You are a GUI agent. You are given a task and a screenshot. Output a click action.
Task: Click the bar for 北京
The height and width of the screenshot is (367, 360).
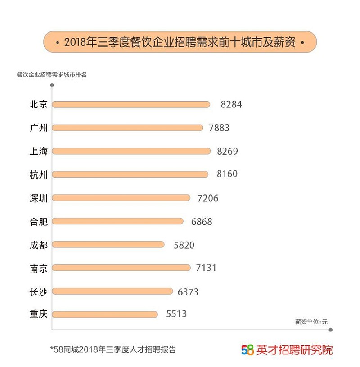tap(131, 104)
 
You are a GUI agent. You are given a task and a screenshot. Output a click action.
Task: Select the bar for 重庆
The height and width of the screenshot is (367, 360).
tap(105, 314)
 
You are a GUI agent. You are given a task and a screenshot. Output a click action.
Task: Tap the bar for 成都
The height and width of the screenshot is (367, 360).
tap(108, 244)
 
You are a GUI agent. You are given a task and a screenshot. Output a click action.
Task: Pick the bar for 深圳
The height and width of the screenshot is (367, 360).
tap(121, 198)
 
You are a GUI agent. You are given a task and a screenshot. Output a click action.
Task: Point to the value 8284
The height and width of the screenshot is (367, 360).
tap(231, 104)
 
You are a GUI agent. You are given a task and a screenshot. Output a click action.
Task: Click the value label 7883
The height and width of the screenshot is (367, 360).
tap(219, 128)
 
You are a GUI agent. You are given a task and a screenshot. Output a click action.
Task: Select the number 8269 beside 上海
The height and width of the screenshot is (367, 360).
tap(227, 151)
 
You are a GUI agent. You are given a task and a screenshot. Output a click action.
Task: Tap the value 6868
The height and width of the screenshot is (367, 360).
tap(202, 221)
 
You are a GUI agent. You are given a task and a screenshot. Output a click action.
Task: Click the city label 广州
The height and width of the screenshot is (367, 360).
tap(38, 128)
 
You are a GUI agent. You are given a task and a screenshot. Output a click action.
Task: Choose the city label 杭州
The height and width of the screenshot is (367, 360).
tap(38, 175)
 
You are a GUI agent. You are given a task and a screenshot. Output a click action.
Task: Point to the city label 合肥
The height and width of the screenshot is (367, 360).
tap(38, 221)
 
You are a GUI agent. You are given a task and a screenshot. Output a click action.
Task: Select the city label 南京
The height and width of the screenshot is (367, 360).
tap(38, 268)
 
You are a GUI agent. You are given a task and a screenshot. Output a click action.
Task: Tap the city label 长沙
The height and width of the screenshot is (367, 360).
tap(38, 291)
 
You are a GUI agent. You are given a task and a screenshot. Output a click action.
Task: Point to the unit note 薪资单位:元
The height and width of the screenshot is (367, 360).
tap(311, 322)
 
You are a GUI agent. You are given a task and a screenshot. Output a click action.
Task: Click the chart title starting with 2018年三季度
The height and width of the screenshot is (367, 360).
tap(180, 43)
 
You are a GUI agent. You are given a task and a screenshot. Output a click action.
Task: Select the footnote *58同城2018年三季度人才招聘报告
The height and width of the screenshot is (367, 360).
tap(113, 349)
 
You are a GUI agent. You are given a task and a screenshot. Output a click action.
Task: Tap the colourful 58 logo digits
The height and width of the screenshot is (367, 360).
tap(248, 349)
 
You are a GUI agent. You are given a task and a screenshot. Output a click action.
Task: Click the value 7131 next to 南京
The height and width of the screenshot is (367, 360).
tap(207, 268)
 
